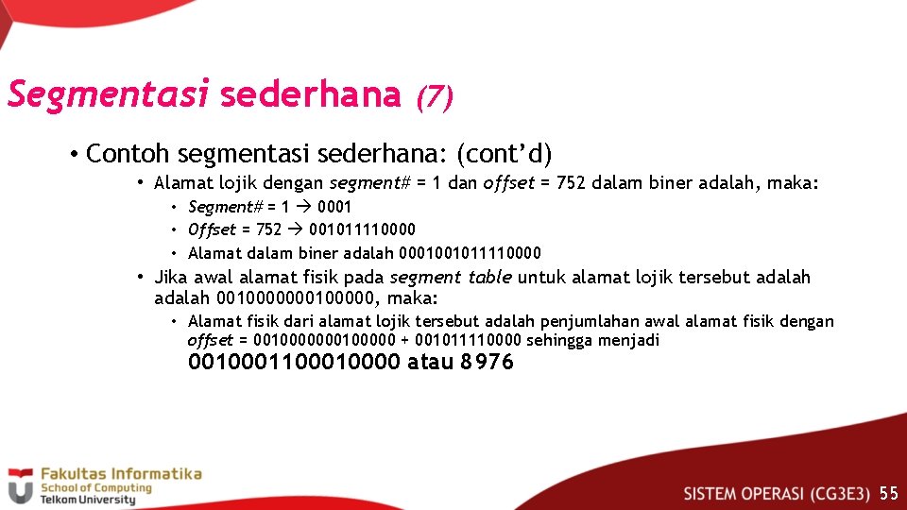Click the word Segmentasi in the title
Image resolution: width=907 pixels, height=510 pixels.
click(x=108, y=94)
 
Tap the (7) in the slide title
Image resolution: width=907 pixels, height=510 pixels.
click(x=435, y=95)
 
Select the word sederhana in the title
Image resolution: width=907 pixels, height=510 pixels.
click(x=310, y=94)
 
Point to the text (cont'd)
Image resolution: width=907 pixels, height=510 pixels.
click(x=505, y=153)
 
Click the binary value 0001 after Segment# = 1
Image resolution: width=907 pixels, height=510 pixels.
click(x=334, y=207)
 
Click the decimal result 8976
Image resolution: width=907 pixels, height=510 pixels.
click(x=487, y=363)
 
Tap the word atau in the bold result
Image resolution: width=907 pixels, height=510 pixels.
click(x=430, y=363)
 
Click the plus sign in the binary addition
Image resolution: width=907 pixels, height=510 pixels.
click(x=404, y=340)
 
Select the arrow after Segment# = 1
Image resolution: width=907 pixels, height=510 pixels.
click(x=302, y=207)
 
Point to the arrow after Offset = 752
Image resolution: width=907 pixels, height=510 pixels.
click(x=295, y=229)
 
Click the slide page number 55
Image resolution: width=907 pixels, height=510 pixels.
click(x=888, y=493)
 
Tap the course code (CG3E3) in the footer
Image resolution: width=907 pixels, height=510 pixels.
click(x=839, y=493)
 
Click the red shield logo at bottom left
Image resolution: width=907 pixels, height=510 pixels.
click(x=20, y=487)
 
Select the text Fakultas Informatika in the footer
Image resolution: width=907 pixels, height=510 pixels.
click(x=121, y=474)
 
